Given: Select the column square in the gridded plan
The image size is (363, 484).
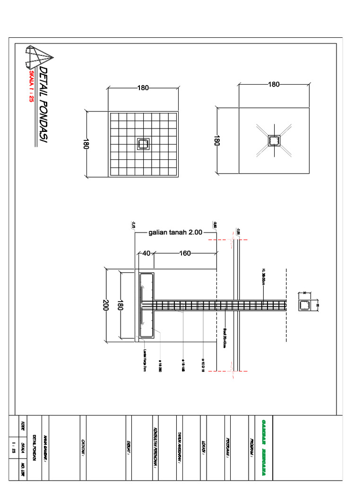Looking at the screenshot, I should [143, 144].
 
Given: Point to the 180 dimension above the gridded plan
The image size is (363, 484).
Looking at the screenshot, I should [143, 87].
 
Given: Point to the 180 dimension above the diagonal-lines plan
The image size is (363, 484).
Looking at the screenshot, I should [274, 85].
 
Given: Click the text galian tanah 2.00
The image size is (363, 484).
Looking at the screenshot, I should [175, 233].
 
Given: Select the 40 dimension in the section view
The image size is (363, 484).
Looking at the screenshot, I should [146, 253].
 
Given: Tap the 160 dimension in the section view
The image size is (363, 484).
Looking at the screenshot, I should [185, 253].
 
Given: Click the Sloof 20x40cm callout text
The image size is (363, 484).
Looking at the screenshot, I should [224, 337].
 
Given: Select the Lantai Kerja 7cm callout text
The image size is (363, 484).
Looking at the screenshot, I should [145, 360].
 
